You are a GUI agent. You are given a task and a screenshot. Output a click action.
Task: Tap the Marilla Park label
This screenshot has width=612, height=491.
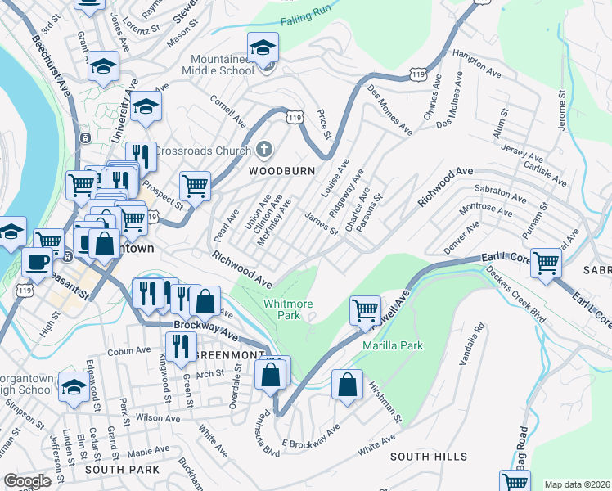click(x=393, y=345)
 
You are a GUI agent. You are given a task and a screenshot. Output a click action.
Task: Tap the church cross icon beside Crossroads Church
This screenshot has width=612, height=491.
click(x=263, y=151)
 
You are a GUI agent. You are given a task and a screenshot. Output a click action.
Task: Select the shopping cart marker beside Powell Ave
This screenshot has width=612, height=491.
click(x=364, y=310)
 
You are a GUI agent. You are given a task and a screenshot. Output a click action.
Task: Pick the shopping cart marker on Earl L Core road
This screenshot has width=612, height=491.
click(x=546, y=263)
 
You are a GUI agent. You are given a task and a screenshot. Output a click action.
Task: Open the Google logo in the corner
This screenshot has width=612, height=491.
click(x=27, y=481)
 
